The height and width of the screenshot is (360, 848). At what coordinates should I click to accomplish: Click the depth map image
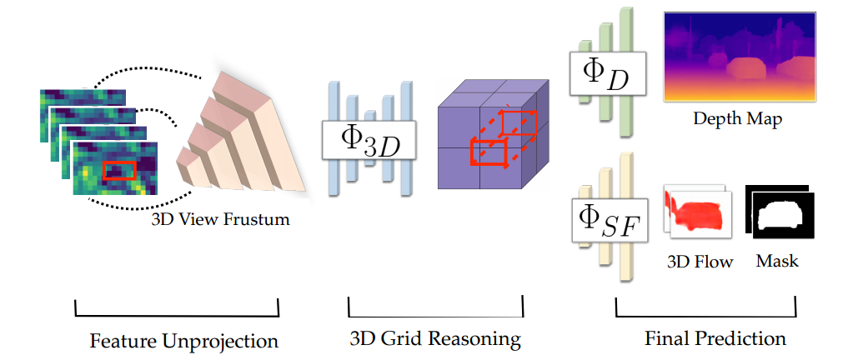(739, 57)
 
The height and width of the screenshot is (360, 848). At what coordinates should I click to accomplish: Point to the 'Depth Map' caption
(737, 119)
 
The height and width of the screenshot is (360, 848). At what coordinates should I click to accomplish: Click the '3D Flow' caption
(700, 262)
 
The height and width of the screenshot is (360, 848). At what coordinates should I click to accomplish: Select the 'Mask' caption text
(777, 262)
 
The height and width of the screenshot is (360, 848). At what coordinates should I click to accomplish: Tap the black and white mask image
(779, 214)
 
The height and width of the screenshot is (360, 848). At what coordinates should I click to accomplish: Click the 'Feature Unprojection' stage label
(183, 341)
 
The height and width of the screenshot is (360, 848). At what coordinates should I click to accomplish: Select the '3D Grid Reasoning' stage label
(434, 340)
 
